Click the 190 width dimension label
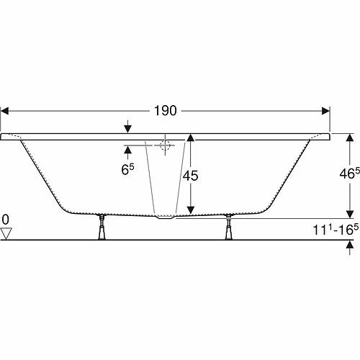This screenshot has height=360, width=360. point(166,111)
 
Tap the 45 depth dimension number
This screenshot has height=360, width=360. point(190,176)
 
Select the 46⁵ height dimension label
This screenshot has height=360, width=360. point(350,174)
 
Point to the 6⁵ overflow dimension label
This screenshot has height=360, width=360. point(127,169)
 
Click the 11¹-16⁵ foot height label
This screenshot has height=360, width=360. point(336,230)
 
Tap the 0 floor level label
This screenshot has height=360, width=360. point(5,220)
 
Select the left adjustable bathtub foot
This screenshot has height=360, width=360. point(102,227)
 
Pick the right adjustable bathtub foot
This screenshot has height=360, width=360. point(228,227)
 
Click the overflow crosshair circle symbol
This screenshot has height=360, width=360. point(165,145)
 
